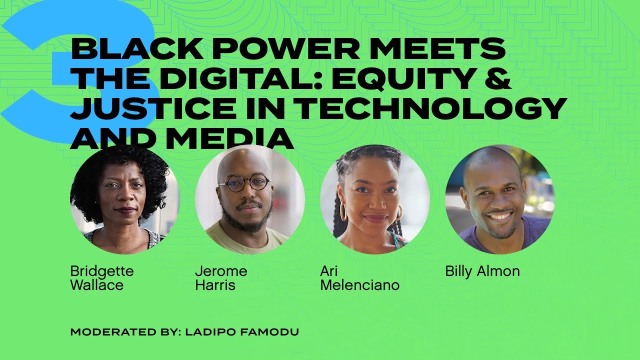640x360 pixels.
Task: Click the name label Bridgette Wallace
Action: coord(102,278)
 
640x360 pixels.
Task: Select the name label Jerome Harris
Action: coord(221,278)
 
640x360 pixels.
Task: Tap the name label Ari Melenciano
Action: coord(359,278)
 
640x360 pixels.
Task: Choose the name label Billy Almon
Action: coord(482,271)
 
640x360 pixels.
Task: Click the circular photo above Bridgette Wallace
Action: coord(124,199)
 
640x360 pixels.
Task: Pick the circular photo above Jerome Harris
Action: coord(249,199)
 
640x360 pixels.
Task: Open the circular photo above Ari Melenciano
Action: coord(374,199)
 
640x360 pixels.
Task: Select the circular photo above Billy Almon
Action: coord(499,199)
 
